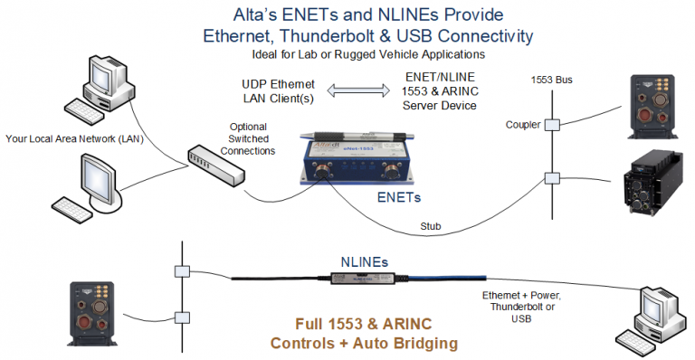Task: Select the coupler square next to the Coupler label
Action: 551,124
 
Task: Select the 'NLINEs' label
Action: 365,260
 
